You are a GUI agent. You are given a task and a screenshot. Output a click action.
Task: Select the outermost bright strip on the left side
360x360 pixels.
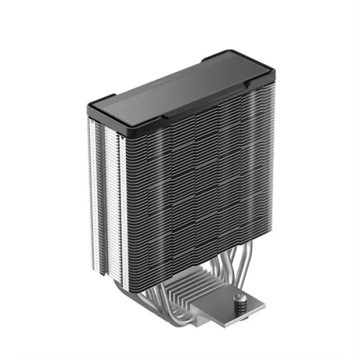pos(91,187)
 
